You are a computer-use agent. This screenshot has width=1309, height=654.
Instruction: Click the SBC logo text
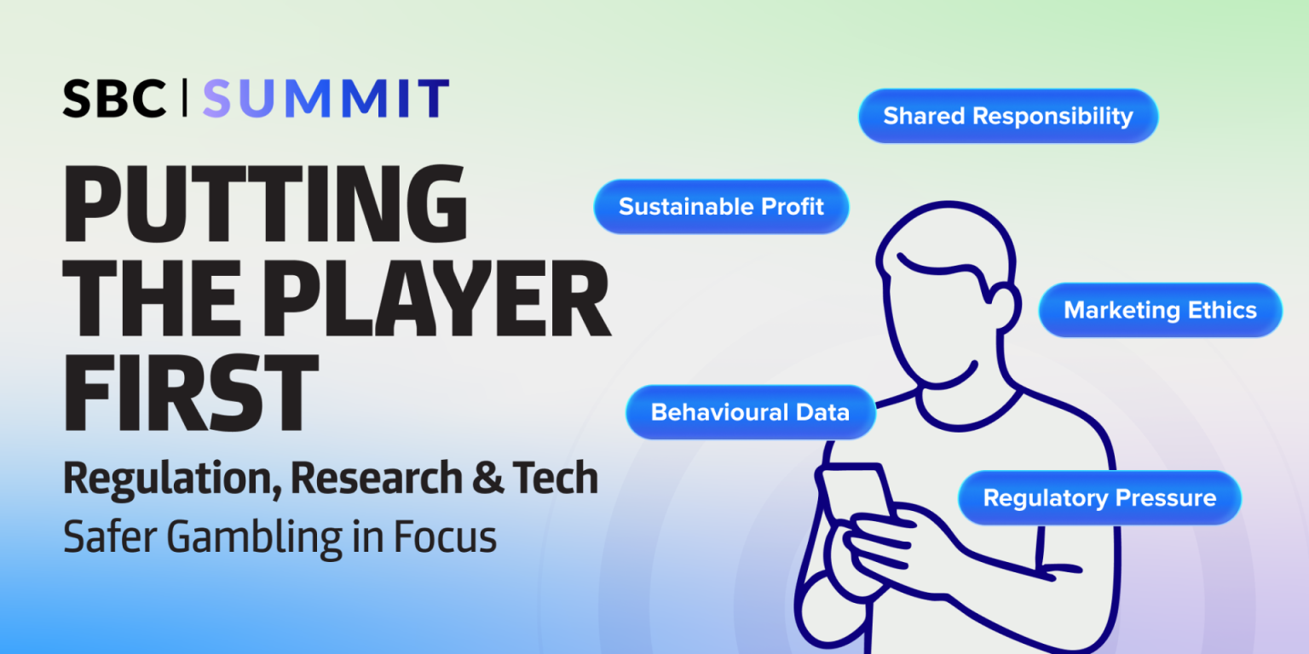[x=114, y=99]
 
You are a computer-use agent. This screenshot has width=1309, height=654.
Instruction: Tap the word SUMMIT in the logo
[x=326, y=99]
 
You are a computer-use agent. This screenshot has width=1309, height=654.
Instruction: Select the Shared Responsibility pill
[x=1008, y=116]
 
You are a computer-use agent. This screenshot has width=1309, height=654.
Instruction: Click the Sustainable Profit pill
[x=721, y=207]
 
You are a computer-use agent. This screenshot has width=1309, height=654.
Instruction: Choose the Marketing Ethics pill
[x=1160, y=310]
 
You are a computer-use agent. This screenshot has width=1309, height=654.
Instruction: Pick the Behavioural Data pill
[x=750, y=412]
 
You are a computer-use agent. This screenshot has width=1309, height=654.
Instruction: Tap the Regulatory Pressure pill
[x=1100, y=498]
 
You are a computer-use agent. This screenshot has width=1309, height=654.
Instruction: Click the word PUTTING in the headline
[x=265, y=204]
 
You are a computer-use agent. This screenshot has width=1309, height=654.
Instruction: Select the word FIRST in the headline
[x=191, y=393]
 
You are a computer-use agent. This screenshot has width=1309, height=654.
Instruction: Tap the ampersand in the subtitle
[x=487, y=477]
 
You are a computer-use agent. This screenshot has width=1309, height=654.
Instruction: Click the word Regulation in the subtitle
[x=172, y=480]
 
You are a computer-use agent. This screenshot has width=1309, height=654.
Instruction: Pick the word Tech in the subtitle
[x=556, y=477]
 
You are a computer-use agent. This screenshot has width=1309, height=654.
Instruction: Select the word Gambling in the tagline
[x=255, y=538]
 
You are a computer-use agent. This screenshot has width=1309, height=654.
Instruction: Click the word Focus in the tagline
[x=445, y=536]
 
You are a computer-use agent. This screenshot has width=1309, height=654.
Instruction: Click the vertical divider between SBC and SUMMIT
[x=185, y=98]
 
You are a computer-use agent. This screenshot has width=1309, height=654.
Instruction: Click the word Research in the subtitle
[x=377, y=477]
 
